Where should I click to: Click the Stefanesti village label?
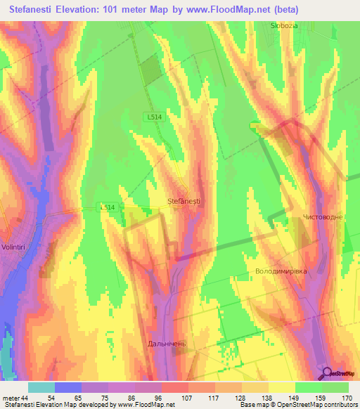184,202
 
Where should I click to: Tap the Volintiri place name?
15,247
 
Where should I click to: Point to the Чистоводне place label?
323,217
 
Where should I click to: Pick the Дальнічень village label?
167,344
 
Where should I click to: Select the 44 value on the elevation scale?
25,398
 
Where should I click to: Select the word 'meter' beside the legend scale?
11,398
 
